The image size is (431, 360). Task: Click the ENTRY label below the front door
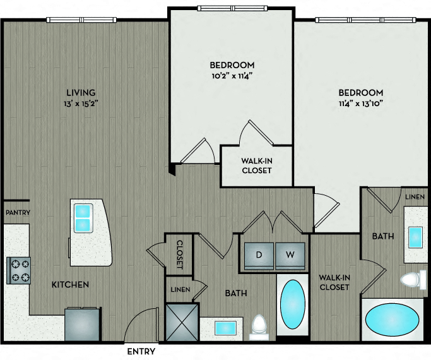coord(141,352)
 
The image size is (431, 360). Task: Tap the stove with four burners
coord(18,270)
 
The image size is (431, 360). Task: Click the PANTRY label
coord(18,212)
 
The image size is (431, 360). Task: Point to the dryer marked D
coord(259,256)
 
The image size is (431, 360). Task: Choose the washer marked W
coord(290,256)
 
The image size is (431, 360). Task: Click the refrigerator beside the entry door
coord(83,324)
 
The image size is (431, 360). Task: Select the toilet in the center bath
coord(259,327)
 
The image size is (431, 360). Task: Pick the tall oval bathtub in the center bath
coord(292,304)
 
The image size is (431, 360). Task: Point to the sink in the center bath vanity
coord(225,328)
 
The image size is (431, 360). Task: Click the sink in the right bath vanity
coord(415,237)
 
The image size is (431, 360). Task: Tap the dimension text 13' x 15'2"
coord(81,104)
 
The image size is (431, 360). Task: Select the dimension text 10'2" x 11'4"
coord(232,76)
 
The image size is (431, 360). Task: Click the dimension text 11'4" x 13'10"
coord(360,104)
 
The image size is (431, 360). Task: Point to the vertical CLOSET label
coord(180,255)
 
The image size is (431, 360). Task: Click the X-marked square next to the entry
coord(182,322)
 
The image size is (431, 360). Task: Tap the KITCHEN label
coord(70,284)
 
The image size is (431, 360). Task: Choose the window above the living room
coord(81,20)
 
